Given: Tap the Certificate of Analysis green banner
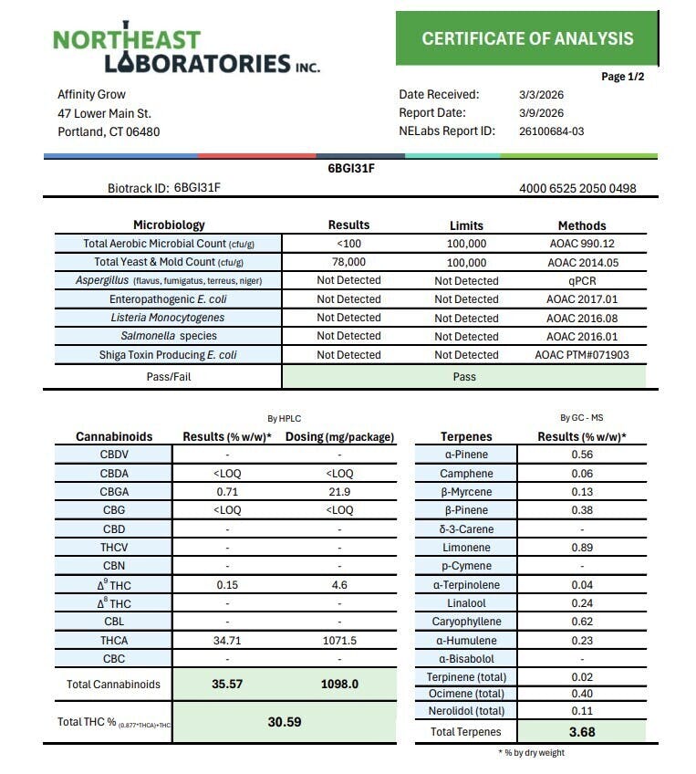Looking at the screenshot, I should tap(526, 38).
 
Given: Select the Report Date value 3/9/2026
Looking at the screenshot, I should tap(541, 113).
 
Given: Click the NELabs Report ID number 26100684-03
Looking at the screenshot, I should tap(551, 131).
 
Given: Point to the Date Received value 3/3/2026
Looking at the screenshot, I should tap(541, 94).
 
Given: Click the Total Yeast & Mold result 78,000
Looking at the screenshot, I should tap(348, 262).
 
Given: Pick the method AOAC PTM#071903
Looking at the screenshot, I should tap(582, 355).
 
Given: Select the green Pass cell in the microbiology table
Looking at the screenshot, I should tap(464, 376).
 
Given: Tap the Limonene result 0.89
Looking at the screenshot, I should tap(581, 548).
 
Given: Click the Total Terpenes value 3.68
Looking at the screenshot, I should tap(581, 731).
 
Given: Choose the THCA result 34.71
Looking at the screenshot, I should tap(227, 641).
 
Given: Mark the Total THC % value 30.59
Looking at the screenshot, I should tap(284, 721).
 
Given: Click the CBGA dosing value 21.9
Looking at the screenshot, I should tap(339, 492).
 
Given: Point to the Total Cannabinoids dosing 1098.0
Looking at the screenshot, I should tap(339, 685).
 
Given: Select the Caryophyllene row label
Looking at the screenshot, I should tap(465, 622).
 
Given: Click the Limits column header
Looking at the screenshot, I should tap(466, 225).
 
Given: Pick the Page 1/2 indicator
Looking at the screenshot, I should tap(623, 77).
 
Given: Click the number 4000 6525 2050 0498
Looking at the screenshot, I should tap(577, 189).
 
